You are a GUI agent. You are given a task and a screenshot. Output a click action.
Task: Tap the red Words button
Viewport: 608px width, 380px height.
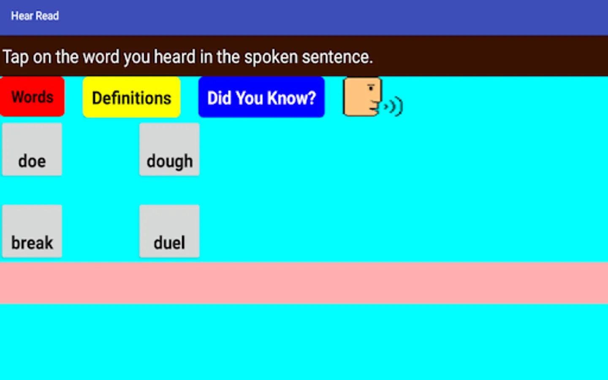click(32, 97)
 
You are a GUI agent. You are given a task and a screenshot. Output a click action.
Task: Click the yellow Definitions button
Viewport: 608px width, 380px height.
click(131, 98)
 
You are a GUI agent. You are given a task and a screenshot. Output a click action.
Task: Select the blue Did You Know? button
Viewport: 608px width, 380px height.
click(261, 98)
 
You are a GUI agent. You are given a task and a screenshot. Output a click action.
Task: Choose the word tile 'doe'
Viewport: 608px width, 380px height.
click(32, 149)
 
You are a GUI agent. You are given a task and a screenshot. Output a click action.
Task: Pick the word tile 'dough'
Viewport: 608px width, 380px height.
click(169, 149)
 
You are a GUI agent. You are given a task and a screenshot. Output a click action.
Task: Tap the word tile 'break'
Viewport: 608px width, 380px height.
click(32, 231)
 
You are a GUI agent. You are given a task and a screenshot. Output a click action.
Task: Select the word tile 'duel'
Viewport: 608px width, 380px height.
click(169, 231)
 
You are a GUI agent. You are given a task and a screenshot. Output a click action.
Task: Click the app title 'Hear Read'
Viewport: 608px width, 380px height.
click(35, 16)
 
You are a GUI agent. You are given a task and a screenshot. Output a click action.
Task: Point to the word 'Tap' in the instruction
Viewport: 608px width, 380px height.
click(16, 57)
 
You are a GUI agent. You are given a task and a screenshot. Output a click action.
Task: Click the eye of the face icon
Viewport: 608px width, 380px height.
click(371, 88)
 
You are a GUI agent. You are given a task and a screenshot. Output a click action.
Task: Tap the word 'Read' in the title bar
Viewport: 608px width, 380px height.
click(47, 16)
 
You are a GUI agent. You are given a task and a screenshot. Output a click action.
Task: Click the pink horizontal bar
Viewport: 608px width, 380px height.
click(304, 283)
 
